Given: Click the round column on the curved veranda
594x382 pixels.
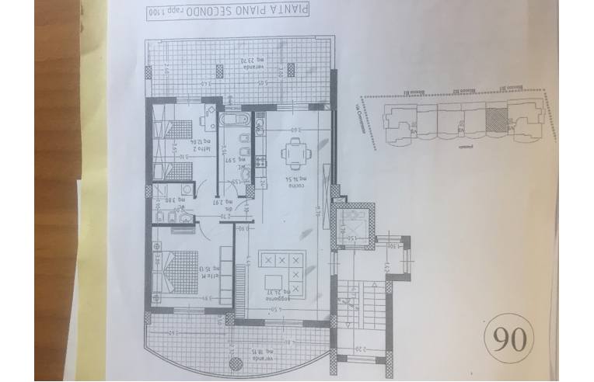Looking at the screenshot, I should pos(236,321).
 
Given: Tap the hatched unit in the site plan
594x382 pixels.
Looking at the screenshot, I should pos(494,120).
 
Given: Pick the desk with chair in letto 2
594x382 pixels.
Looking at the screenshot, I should pos(208,119).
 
